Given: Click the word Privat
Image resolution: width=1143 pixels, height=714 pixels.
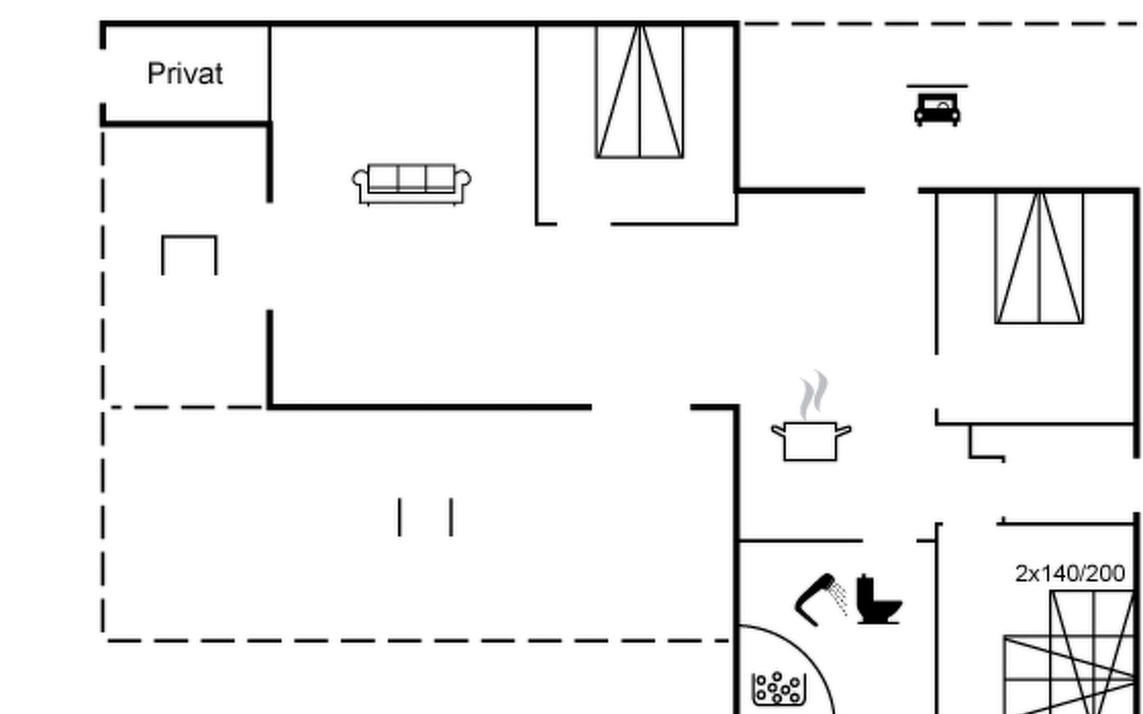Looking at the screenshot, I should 185,74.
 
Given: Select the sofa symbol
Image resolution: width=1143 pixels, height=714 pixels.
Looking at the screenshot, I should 411,184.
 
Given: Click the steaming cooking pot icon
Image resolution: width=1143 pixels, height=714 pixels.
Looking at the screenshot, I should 810,440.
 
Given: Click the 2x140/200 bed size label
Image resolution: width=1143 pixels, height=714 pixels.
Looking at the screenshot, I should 1070,574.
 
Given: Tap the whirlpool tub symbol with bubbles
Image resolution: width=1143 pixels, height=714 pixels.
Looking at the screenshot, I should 779,689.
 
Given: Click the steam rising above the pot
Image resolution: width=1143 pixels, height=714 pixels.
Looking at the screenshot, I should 813,394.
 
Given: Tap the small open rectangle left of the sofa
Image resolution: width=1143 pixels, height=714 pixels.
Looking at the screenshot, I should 189,255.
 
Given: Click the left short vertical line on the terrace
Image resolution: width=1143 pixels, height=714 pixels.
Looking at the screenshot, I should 399,517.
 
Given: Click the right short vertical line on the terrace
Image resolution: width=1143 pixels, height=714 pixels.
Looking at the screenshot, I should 451,517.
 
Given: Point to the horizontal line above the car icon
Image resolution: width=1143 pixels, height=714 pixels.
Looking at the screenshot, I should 937,86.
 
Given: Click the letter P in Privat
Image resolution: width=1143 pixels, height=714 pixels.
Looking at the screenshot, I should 154,74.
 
